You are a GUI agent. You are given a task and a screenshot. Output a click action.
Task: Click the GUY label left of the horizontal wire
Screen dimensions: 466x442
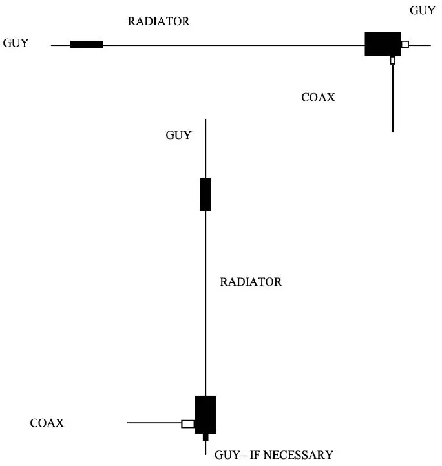tap(16, 44)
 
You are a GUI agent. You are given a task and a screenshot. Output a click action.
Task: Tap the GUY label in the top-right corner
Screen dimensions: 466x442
tap(423, 11)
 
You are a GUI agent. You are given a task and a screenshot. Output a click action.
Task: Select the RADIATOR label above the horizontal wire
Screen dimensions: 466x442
tap(159, 21)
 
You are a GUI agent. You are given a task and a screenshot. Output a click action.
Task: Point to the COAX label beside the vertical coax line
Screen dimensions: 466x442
tap(319, 98)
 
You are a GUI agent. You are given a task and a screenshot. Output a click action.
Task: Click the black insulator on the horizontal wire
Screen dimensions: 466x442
tap(86, 45)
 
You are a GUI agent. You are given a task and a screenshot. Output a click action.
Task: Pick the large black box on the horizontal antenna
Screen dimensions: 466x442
tap(383, 44)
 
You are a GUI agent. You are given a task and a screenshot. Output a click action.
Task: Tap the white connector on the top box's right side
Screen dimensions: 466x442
tap(405, 45)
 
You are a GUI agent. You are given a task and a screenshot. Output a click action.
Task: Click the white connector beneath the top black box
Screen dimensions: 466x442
tap(393, 60)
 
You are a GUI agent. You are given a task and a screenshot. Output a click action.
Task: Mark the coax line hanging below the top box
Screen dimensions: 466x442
tap(393, 97)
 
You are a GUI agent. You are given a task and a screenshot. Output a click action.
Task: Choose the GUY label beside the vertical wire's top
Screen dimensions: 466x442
tap(178, 135)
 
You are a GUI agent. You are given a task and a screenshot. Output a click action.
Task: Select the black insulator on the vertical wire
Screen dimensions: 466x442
tap(205, 195)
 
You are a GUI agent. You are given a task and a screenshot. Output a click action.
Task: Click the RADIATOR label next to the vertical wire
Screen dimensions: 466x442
tap(251, 282)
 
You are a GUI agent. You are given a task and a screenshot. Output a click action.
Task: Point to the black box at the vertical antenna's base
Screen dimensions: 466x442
tap(205, 414)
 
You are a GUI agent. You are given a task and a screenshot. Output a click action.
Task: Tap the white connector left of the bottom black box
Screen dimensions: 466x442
tap(188, 423)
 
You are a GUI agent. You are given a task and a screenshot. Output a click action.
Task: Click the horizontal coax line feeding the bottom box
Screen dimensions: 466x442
tap(154, 423)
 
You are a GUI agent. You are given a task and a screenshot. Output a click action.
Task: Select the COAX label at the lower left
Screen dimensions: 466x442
tap(47, 423)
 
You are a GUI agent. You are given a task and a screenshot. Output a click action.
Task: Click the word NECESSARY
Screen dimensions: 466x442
tap(298, 454)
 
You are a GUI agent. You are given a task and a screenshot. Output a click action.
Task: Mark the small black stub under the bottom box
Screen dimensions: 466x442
tap(205, 437)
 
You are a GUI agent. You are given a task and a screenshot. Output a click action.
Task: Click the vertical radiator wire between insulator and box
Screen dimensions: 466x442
tap(205, 304)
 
